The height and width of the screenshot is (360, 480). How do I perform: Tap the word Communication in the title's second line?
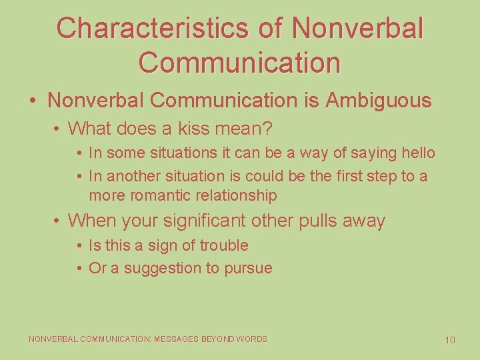tap(240, 62)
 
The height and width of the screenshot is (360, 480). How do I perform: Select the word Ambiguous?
tap(378, 101)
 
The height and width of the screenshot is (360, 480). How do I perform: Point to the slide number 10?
tap(450, 340)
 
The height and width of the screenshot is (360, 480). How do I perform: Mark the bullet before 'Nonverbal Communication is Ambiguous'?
tap(33, 101)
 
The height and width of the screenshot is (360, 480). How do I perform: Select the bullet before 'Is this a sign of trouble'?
tap(79, 246)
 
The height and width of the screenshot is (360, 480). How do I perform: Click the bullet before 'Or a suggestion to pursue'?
tap(79, 269)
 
